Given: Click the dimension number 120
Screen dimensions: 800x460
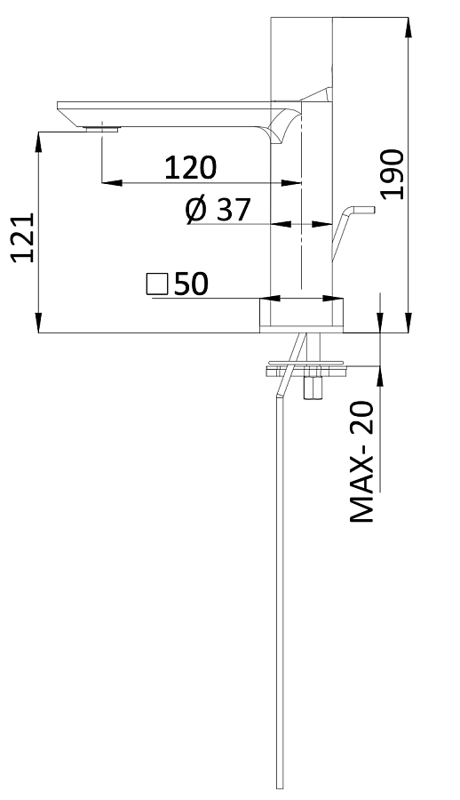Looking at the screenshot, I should click(190, 166).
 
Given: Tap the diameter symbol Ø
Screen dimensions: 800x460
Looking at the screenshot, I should click(197, 210).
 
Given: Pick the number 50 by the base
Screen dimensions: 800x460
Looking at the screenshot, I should click(191, 284).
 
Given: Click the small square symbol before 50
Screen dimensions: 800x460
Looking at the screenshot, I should click(157, 284).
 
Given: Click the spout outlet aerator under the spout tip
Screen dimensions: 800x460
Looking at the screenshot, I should click(100, 128).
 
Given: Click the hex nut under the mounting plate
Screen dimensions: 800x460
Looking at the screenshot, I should click(313, 388).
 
